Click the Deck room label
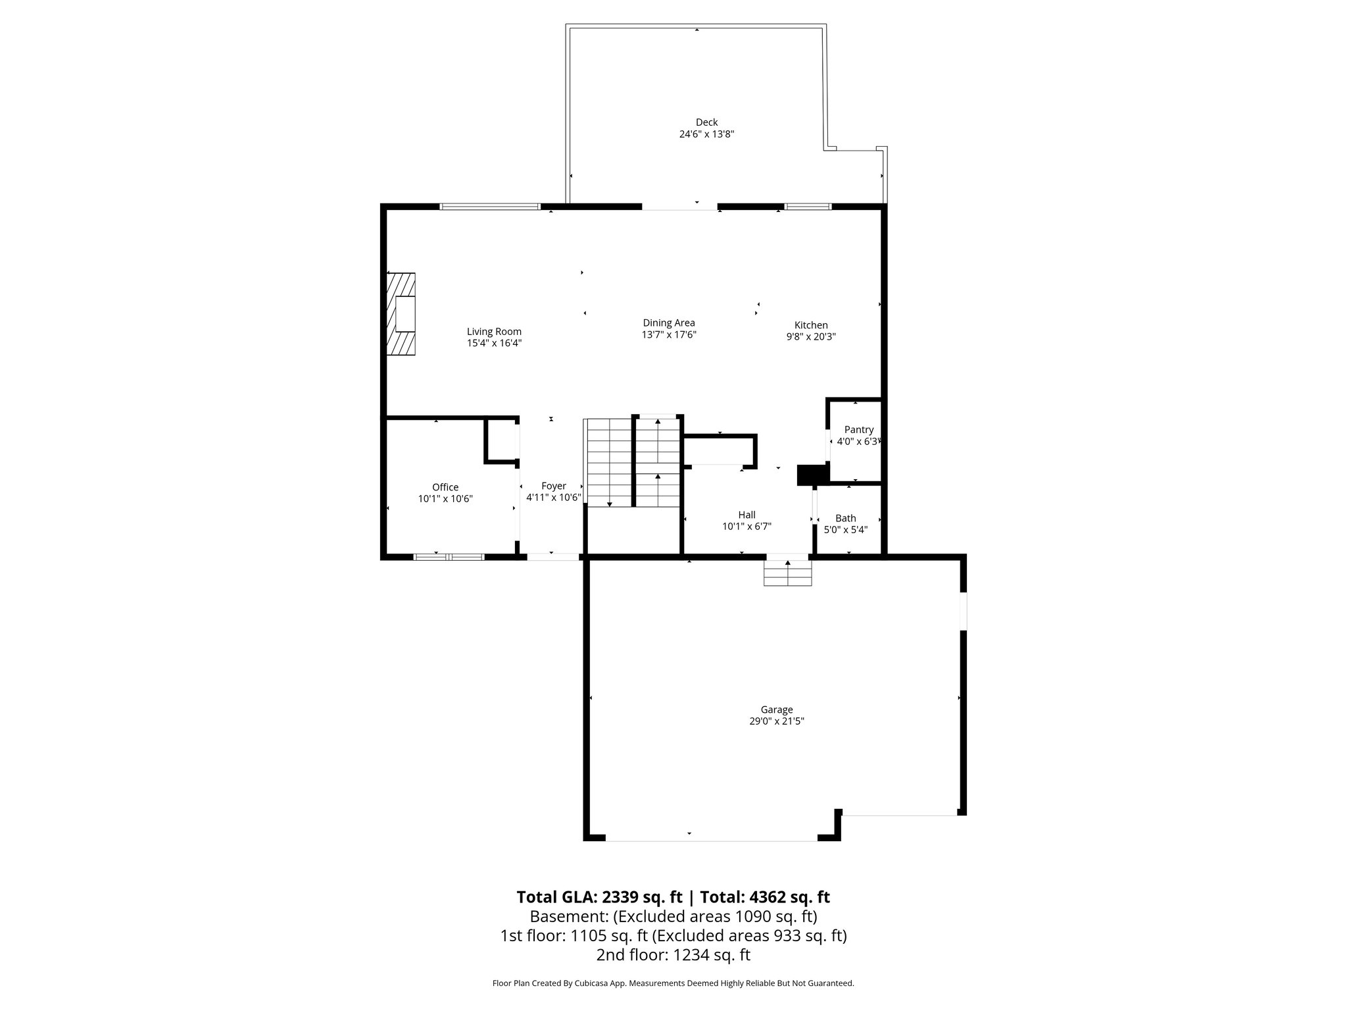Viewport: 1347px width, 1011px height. (706, 122)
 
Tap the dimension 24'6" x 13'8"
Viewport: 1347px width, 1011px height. (706, 134)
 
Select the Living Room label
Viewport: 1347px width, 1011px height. (494, 332)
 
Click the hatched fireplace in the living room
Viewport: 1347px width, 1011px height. (401, 315)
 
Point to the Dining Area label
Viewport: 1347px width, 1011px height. (669, 323)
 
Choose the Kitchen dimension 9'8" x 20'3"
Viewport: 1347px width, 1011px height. (811, 336)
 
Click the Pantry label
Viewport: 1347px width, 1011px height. (859, 430)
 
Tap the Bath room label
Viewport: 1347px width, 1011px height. (846, 518)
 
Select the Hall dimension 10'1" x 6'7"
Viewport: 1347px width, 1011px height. (747, 527)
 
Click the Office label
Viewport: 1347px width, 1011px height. (445, 487)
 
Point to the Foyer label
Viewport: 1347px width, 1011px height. (554, 486)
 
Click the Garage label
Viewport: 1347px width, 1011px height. (777, 710)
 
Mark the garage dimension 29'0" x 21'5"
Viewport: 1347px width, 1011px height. (777, 721)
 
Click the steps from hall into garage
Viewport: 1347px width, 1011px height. (788, 572)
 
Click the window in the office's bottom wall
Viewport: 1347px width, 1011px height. (449, 557)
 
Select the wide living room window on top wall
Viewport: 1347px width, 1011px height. (490, 207)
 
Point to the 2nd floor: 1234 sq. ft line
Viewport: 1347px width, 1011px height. (673, 955)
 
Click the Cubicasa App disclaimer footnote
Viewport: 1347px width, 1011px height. (673, 983)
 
